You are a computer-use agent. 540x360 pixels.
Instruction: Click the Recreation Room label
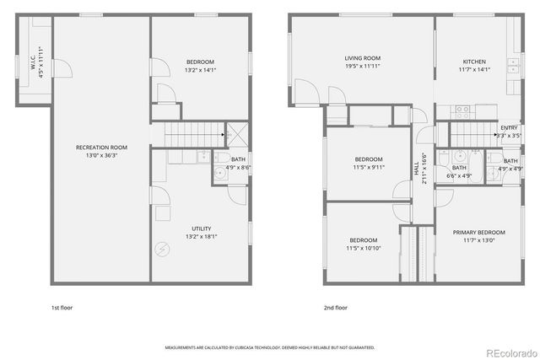(101, 147)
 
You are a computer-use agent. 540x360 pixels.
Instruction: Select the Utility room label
(201, 228)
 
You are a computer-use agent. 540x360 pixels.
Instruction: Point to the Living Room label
(363, 59)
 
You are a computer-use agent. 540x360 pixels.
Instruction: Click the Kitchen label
(474, 62)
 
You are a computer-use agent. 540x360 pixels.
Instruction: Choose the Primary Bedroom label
(478, 233)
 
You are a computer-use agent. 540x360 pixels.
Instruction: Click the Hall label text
(416, 169)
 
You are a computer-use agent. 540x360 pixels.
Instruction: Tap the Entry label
(509, 127)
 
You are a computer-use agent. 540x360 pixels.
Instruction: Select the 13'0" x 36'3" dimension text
(101, 155)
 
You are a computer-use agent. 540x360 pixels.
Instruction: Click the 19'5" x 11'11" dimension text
(363, 67)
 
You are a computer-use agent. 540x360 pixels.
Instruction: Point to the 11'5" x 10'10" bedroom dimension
(364, 249)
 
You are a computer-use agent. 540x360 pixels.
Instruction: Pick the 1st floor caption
(62, 308)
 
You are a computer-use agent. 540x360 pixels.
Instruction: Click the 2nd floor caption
(335, 308)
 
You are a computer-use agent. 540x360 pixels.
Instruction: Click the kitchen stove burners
(462, 109)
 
